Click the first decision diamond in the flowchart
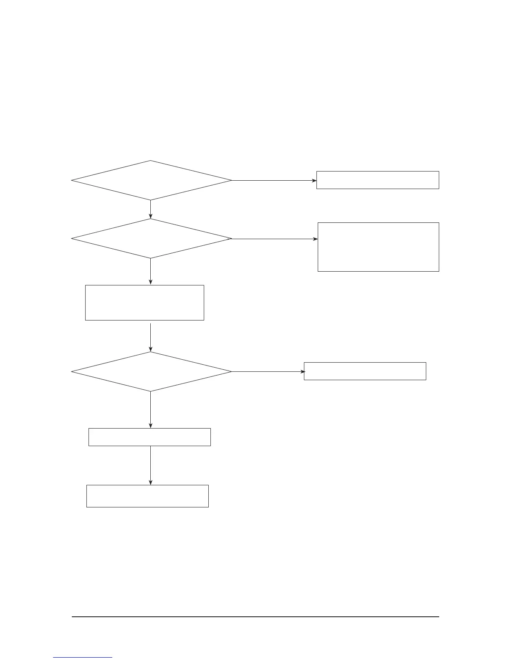click(x=151, y=180)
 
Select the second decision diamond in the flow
click(x=151, y=239)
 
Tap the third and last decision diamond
click(x=151, y=371)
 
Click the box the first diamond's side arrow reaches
click(x=377, y=180)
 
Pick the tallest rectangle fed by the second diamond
click(x=378, y=247)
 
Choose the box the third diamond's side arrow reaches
click(x=365, y=371)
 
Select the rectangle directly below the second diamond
click(x=144, y=303)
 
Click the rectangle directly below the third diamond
click(x=149, y=437)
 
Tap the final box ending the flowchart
click(x=147, y=496)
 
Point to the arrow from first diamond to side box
click(x=273, y=181)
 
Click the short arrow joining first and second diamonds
click(x=151, y=209)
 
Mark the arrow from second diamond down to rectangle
click(x=151, y=271)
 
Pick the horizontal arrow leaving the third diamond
click(x=268, y=371)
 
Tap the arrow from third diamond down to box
click(x=151, y=409)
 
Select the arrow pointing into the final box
click(x=151, y=465)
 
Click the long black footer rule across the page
click(x=255, y=617)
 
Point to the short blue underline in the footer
click(x=83, y=658)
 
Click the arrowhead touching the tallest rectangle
click(x=315, y=239)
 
